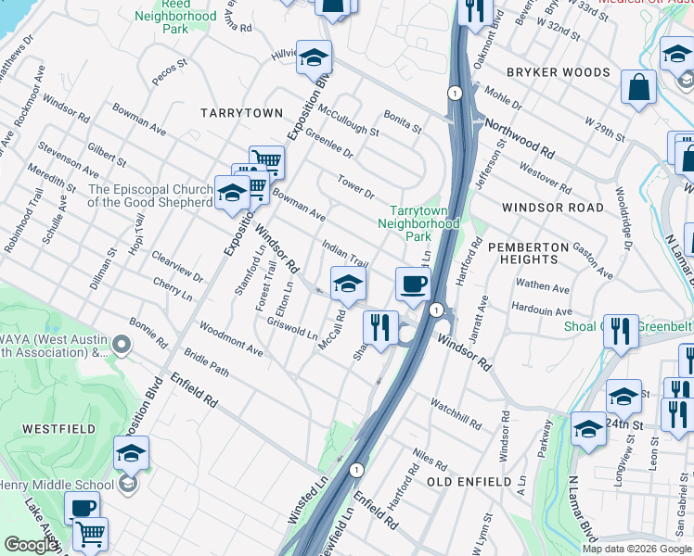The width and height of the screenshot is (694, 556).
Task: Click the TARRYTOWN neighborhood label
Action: coord(241,112)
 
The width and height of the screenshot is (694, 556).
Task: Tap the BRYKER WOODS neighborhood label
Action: coord(559,72)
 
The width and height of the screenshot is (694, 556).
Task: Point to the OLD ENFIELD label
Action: coord(469,482)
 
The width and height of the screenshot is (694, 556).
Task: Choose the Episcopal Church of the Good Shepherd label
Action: coord(150,196)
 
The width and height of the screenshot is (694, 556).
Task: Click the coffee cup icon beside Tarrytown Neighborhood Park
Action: coord(412,284)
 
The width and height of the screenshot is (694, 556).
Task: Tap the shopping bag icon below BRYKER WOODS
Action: coord(638,88)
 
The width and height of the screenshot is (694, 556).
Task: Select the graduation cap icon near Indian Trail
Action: coord(348,284)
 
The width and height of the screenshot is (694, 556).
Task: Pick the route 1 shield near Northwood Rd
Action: coord(454,94)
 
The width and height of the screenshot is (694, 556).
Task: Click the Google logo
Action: coord(31,545)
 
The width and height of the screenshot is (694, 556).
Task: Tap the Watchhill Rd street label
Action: coord(456,414)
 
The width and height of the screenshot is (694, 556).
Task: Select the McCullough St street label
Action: coord(348,120)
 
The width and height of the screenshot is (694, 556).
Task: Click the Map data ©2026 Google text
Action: coord(636,549)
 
